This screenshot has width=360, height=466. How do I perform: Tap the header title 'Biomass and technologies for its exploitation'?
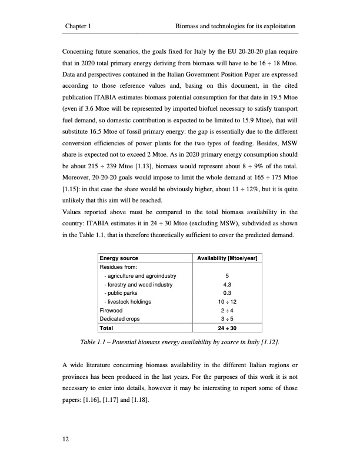point(235,26)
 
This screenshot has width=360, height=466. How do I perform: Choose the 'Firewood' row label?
point(112,309)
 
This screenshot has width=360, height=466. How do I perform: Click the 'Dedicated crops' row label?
point(119,318)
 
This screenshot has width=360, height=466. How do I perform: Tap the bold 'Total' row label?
point(107,328)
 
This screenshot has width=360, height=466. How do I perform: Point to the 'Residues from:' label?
point(118,267)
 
